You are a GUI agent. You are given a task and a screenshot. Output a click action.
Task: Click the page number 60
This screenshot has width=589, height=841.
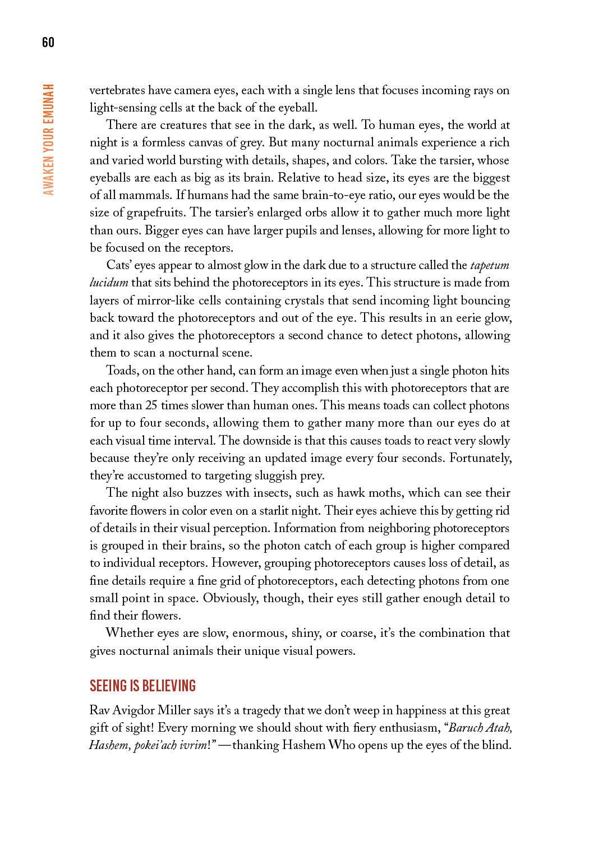[48, 42]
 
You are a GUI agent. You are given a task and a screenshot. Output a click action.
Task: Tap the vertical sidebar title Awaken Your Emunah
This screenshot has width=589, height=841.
[49, 140]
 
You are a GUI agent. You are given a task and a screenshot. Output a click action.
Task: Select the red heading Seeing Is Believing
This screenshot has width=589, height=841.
[142, 686]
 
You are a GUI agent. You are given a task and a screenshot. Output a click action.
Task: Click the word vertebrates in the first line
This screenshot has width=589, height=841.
[117, 90]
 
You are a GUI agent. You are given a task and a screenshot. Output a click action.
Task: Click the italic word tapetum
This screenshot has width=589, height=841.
[490, 265]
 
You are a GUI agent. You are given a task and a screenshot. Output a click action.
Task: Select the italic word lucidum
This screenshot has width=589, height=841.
[109, 283]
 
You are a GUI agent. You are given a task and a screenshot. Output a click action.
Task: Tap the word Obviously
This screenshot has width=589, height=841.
[230, 598]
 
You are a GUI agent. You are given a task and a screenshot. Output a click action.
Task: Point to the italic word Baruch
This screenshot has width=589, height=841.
[466, 728]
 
